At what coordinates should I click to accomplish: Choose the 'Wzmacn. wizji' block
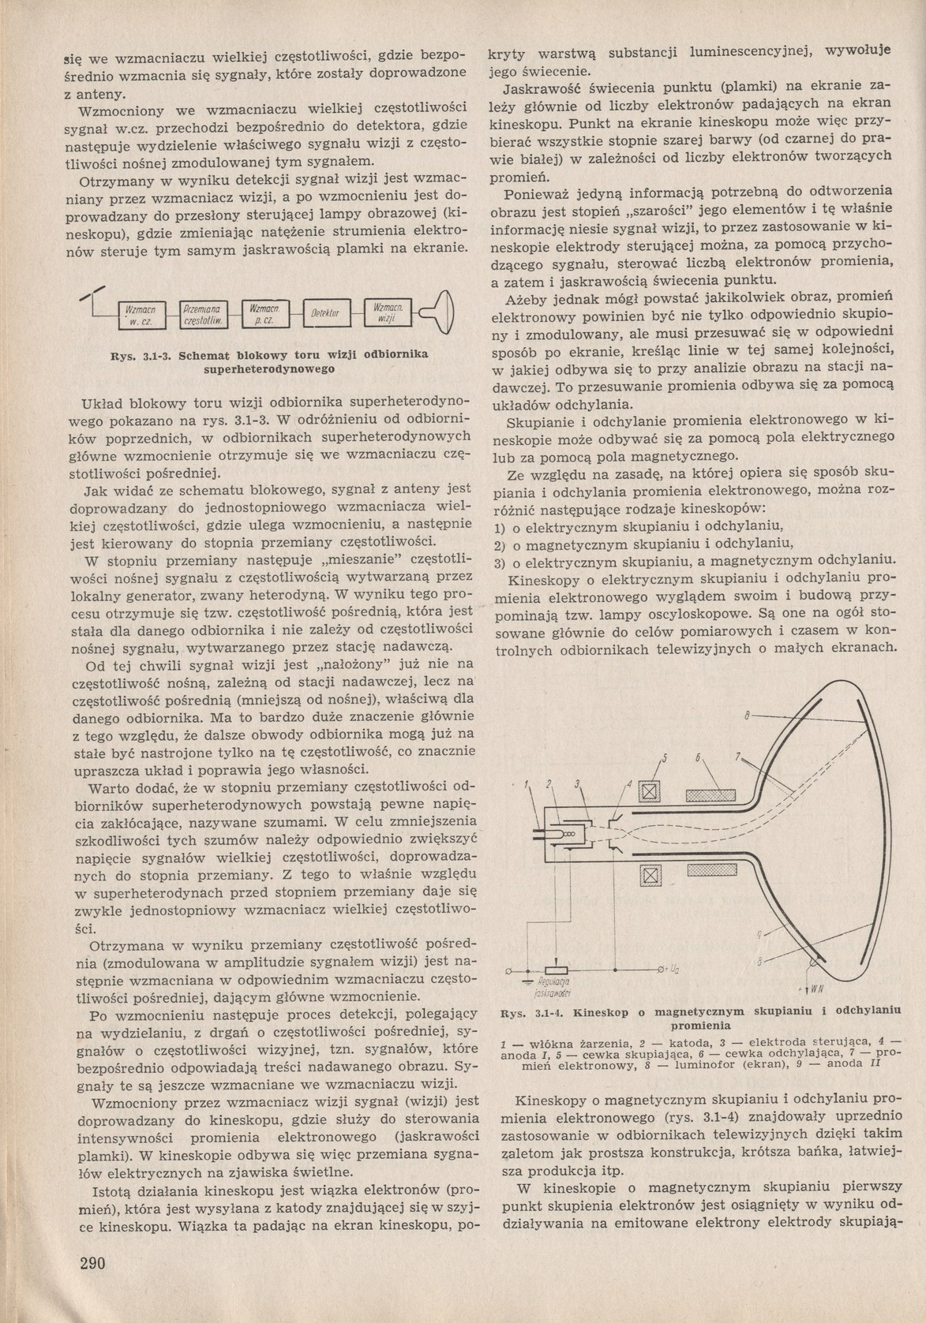tap(388, 313)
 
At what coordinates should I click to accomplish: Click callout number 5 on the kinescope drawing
tap(664, 758)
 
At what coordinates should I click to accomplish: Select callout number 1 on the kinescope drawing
tap(524, 784)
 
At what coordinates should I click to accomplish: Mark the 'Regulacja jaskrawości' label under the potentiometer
tap(553, 985)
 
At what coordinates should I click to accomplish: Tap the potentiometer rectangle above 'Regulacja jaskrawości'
tap(556, 970)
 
